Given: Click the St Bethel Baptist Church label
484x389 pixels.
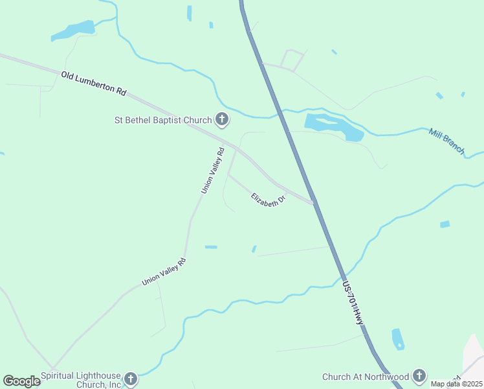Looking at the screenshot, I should point(162,120).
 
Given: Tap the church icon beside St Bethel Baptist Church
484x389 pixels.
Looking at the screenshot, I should point(222,119).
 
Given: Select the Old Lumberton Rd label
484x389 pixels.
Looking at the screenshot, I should point(93,84).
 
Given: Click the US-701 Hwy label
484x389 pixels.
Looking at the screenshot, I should point(354,303).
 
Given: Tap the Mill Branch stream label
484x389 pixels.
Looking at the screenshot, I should point(446,141).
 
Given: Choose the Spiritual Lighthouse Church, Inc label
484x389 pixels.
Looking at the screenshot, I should point(81,379).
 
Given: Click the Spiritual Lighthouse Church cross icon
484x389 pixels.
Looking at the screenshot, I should point(131,379).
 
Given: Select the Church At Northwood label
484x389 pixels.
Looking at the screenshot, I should point(366,377).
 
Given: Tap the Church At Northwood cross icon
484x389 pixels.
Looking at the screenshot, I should point(419,376).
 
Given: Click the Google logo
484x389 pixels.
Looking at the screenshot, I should point(21,381).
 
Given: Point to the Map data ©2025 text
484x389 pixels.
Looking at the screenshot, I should point(457,384).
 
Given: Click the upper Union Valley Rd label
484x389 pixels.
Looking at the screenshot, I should point(212,171).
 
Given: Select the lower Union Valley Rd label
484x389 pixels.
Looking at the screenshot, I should point(164,272).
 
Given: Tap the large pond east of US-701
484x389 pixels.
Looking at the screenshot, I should point(333,126).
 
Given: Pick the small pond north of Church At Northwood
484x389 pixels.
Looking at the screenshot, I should point(398,338).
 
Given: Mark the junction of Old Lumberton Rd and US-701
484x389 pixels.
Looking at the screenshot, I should point(314,202).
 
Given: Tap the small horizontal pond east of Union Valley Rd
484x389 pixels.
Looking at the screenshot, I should point(211,247).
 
